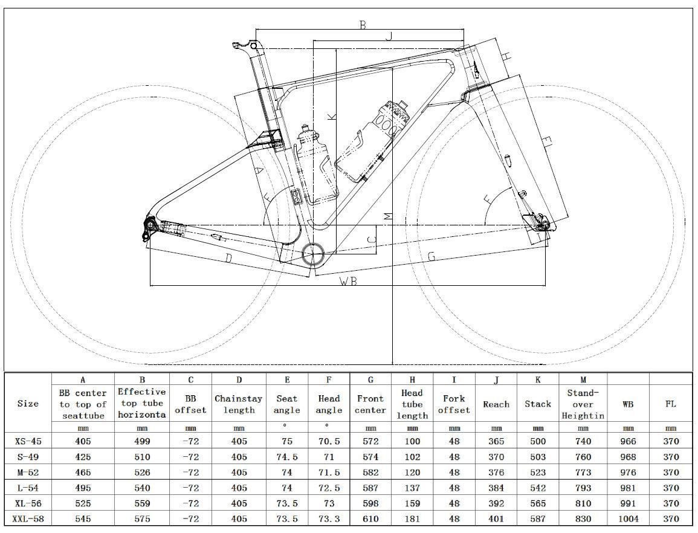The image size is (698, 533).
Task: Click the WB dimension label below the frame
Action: pos(347,282)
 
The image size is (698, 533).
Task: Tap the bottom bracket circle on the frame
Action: pos(314,255)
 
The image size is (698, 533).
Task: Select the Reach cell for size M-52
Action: pos(496,472)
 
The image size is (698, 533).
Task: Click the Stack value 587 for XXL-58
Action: pos(538,518)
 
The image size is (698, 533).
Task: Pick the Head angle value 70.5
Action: pos(329,441)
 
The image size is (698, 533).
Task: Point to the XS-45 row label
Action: pos(28,441)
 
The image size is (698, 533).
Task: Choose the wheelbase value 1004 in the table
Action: pos(629,518)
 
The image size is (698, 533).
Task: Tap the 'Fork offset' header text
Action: pos(454,404)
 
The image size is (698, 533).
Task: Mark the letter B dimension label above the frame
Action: pos(363,25)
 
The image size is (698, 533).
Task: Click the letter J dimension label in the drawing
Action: pos(389,36)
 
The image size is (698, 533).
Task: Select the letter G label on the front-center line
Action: pos(431,256)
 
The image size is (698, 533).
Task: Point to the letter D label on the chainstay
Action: pos(229,259)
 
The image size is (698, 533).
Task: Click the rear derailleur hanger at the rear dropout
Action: pos(149,228)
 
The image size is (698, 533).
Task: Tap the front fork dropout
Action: pos(543,224)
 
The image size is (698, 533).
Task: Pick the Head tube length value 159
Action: pos(412,503)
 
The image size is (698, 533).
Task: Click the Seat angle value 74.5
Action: pos(287,457)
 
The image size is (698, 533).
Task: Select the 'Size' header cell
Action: pos(28,404)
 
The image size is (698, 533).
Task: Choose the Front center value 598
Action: pos(370,503)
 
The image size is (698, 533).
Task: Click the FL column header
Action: pos(670,404)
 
